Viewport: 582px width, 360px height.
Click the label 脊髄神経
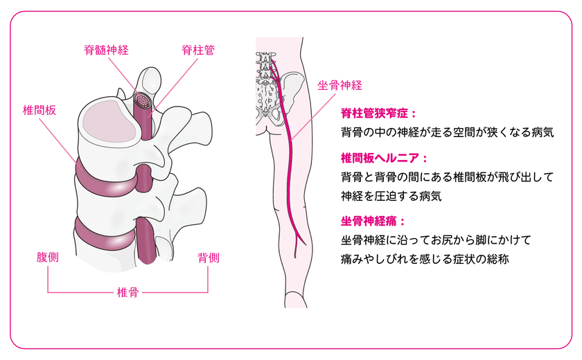[106, 50]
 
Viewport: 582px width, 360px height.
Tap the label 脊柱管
[198, 50]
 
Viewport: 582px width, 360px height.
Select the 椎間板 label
[39, 110]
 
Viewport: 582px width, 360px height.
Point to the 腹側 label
[48, 257]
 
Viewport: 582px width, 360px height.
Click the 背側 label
[209, 258]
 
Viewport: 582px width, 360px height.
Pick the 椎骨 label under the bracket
[127, 292]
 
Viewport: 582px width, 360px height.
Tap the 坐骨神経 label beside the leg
[339, 85]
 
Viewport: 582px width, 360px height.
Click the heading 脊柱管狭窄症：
[379, 113]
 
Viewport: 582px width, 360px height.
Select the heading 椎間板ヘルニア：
[385, 159]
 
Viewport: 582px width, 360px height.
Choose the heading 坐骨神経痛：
[373, 222]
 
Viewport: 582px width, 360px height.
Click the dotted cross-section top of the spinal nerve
[143, 100]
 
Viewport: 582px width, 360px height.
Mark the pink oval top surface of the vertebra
[109, 120]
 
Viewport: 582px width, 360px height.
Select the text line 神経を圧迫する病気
[391, 196]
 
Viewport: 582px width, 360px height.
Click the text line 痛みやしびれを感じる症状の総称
[425, 259]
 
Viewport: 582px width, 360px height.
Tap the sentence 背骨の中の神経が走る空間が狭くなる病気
[448, 132]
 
